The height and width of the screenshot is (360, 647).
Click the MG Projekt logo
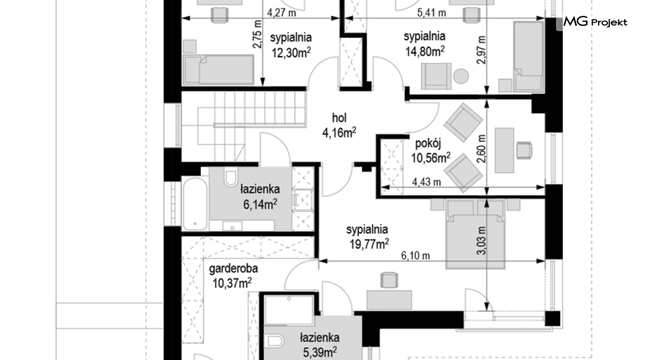(595, 21)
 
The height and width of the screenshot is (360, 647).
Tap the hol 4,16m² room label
(339, 125)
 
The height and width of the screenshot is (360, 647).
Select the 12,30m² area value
(291, 53)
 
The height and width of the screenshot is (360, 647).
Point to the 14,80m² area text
(425, 51)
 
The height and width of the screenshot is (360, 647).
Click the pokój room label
(428, 143)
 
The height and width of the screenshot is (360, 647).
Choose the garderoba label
(233, 269)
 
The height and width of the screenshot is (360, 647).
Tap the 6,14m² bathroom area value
(260, 204)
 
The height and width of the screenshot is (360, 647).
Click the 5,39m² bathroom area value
(320, 353)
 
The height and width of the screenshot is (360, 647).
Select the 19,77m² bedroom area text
(369, 244)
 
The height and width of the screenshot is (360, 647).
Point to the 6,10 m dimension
(416, 256)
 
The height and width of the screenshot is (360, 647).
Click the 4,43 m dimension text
(426, 182)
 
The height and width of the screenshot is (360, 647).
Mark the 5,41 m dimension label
(432, 12)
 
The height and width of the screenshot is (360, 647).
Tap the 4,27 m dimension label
(281, 12)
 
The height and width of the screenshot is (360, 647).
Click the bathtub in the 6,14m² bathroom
(195, 203)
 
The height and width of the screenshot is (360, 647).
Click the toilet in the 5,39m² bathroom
(275, 340)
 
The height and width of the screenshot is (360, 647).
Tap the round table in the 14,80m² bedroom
(461, 76)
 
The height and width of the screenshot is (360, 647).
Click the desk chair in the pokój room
(524, 150)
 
